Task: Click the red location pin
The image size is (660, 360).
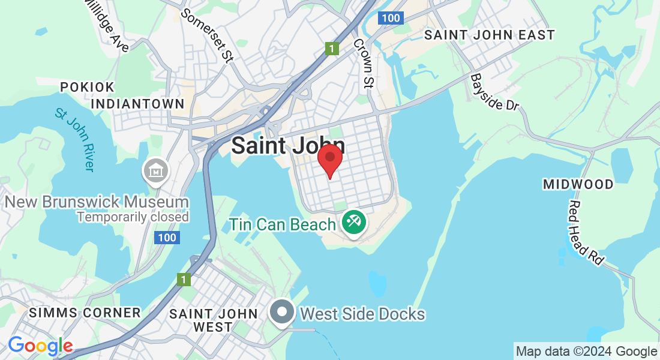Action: [329, 160]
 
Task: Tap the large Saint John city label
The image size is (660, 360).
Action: [288, 146]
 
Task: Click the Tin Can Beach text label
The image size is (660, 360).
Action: [283, 225]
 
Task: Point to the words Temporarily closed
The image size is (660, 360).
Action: [133, 217]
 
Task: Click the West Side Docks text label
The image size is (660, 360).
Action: [362, 314]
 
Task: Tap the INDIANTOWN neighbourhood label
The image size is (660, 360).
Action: [137, 104]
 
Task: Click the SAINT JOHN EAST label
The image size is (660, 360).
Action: [490, 35]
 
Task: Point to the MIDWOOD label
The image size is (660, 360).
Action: [578, 184]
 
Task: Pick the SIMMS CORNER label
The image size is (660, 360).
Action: [85, 313]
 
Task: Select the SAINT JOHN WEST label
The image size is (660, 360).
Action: [214, 320]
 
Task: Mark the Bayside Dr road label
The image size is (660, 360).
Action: [494, 92]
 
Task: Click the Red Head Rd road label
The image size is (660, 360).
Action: [586, 233]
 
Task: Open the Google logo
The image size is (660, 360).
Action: [40, 346]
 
